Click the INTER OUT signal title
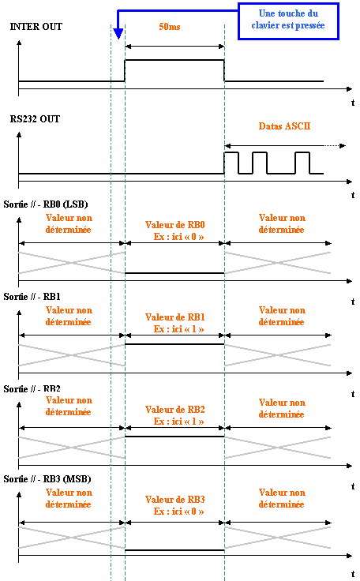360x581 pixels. (36, 27)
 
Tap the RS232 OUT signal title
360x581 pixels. (35, 119)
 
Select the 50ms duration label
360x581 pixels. (170, 27)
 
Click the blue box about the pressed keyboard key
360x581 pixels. (288, 21)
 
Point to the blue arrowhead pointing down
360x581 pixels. (118, 34)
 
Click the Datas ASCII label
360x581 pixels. (284, 126)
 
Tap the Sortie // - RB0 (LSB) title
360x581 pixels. (46, 204)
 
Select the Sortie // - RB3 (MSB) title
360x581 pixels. (47, 479)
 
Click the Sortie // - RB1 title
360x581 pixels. (32, 297)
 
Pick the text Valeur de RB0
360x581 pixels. (174, 225)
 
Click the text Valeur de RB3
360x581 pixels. (174, 500)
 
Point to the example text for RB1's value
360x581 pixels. (178, 329)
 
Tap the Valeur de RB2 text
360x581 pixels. (174, 410)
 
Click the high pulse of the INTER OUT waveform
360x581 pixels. (174, 60)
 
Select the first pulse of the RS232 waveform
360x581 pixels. (231, 152)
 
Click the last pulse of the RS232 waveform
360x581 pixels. (302, 152)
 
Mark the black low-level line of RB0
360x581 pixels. (174, 273)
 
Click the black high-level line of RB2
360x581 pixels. (174, 437)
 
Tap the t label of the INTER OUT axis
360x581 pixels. (353, 103)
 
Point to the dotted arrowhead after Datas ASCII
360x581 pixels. (343, 145)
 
